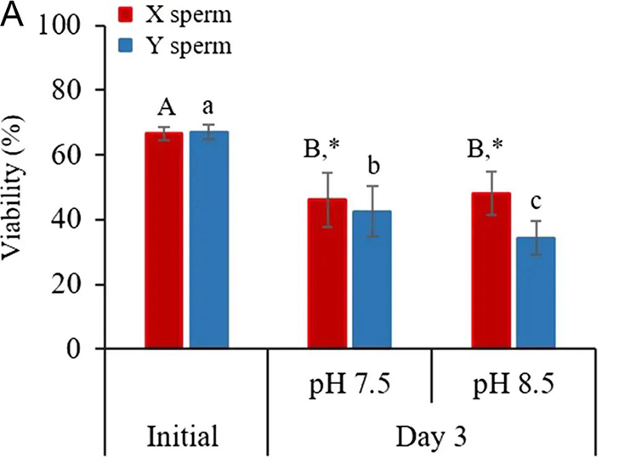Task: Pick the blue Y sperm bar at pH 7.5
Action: (372, 280)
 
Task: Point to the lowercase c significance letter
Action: (535, 204)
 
